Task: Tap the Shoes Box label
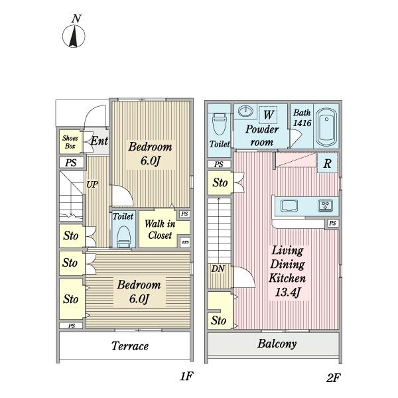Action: pyautogui.click(x=70, y=142)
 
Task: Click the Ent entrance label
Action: pyautogui.click(x=99, y=141)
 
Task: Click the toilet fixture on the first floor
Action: pyautogui.click(x=123, y=236)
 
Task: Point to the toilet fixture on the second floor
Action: pyautogui.click(x=219, y=125)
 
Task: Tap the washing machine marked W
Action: pyautogui.click(x=269, y=115)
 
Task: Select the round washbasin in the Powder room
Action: pyautogui.click(x=245, y=111)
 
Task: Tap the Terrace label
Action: pyautogui.click(x=129, y=346)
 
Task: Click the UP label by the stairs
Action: pyautogui.click(x=92, y=185)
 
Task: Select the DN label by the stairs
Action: pyautogui.click(x=218, y=269)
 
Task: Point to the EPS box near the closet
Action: pyautogui.click(x=185, y=242)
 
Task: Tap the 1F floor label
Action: pyautogui.click(x=186, y=377)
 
